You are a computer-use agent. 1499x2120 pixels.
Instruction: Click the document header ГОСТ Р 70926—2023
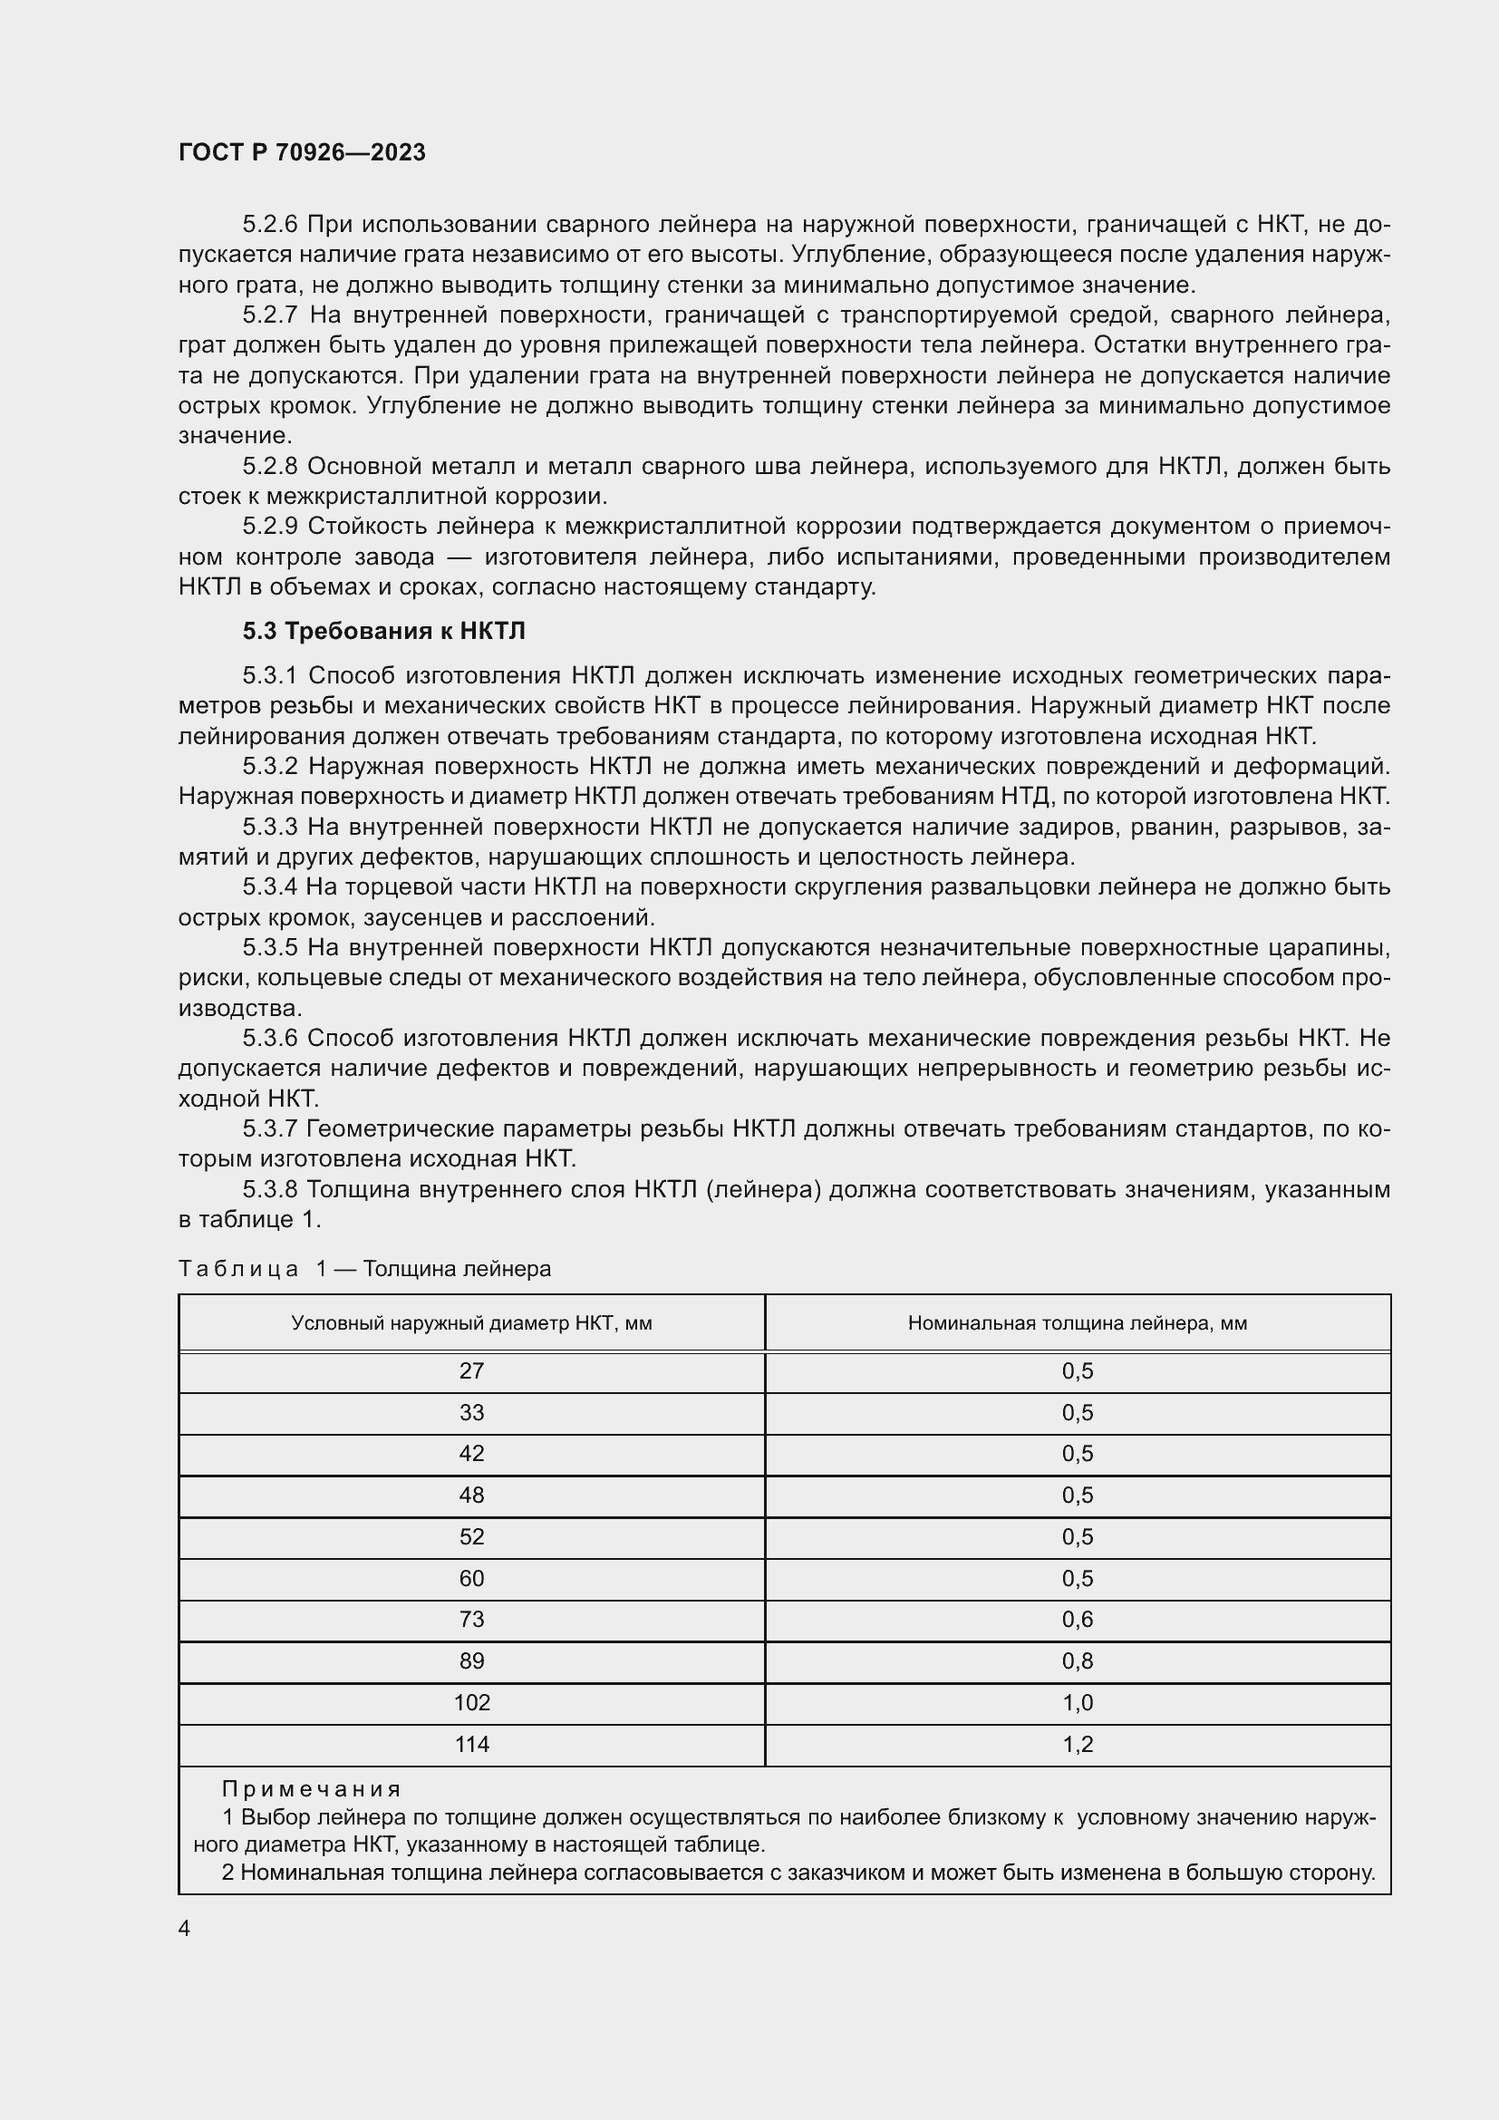[x=302, y=153]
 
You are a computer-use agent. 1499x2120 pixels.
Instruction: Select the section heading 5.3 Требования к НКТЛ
[x=383, y=632]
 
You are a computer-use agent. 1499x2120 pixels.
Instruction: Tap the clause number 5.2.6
[x=269, y=225]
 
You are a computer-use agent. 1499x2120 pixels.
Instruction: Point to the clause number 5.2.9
[x=269, y=527]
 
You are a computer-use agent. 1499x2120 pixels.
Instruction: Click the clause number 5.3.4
[x=269, y=887]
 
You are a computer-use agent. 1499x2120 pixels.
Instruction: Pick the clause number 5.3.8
[x=269, y=1189]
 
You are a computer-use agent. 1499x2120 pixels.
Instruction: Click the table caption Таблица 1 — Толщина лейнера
[x=364, y=1269]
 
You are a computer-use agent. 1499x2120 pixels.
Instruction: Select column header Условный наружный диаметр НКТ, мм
[x=471, y=1323]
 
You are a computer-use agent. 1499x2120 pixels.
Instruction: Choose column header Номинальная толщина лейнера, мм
[x=1078, y=1323]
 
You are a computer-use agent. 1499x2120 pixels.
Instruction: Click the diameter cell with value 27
[x=471, y=1371]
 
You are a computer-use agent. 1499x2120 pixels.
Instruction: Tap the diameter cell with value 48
[x=471, y=1495]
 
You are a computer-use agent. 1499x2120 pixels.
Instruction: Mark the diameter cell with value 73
[x=471, y=1620]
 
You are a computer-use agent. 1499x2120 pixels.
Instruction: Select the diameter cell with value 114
[x=471, y=1744]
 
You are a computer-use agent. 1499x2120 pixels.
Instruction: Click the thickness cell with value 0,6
[x=1078, y=1620]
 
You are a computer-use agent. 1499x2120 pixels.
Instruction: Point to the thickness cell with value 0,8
[x=1078, y=1661]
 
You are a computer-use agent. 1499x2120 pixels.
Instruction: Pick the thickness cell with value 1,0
[x=1078, y=1703]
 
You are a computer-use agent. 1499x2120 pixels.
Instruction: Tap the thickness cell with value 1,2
[x=1078, y=1744]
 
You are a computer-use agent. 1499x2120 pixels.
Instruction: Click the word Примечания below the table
[x=312, y=1789]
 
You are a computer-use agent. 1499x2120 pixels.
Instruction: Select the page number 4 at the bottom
[x=185, y=1929]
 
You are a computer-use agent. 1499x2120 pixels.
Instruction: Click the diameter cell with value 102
[x=471, y=1703]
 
